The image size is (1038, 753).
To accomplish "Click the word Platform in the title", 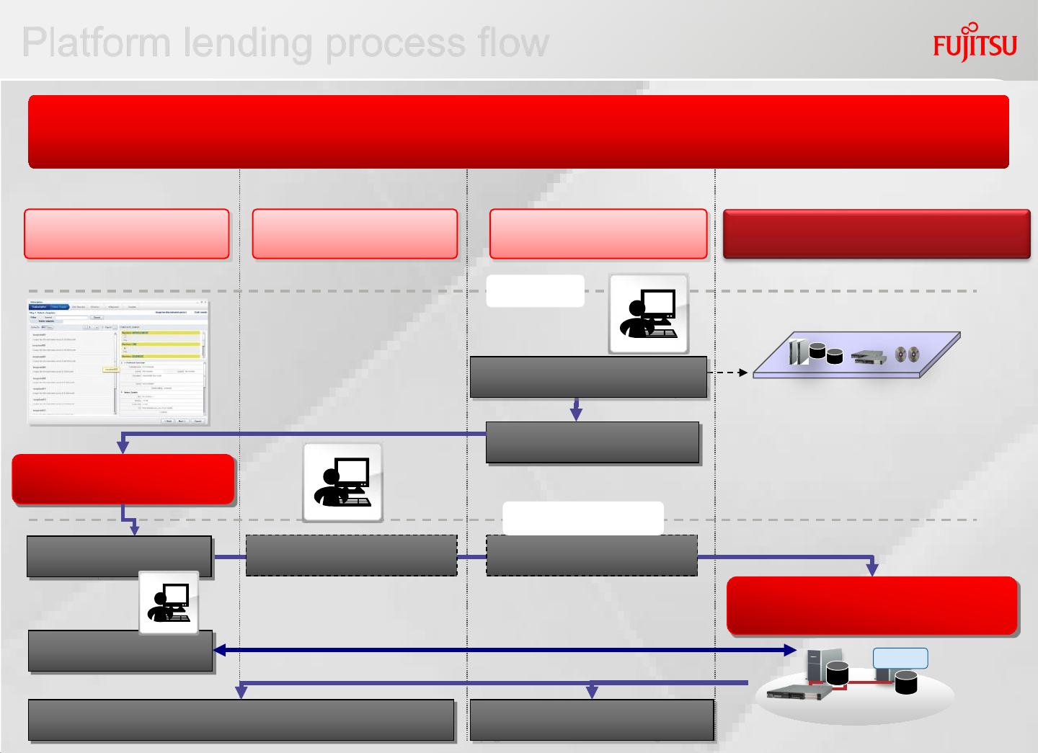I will (95, 43).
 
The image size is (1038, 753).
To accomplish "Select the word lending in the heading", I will (248, 43).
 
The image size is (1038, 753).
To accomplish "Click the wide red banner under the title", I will (518, 132).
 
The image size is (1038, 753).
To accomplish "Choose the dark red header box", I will (877, 233).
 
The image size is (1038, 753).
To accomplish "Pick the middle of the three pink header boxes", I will (355, 233).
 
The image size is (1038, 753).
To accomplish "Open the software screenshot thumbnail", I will (118, 362).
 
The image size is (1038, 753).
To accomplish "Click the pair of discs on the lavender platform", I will (907, 354).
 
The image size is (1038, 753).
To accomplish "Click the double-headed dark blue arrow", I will (505, 650).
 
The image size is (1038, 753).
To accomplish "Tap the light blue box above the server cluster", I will (900, 658).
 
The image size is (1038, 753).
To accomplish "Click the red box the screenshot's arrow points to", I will (123, 479).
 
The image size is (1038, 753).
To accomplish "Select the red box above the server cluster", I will (872, 605).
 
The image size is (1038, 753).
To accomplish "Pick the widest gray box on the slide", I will (241, 720).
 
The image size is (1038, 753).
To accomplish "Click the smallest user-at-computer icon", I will (169, 603).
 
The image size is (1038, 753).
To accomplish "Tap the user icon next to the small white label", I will (649, 313).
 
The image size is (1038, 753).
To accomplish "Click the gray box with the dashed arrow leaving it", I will (588, 377).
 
